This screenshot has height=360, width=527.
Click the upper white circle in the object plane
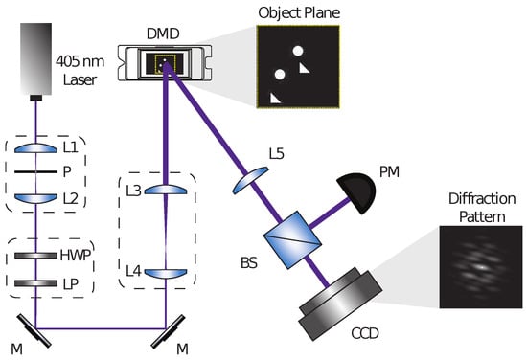[299, 51]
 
